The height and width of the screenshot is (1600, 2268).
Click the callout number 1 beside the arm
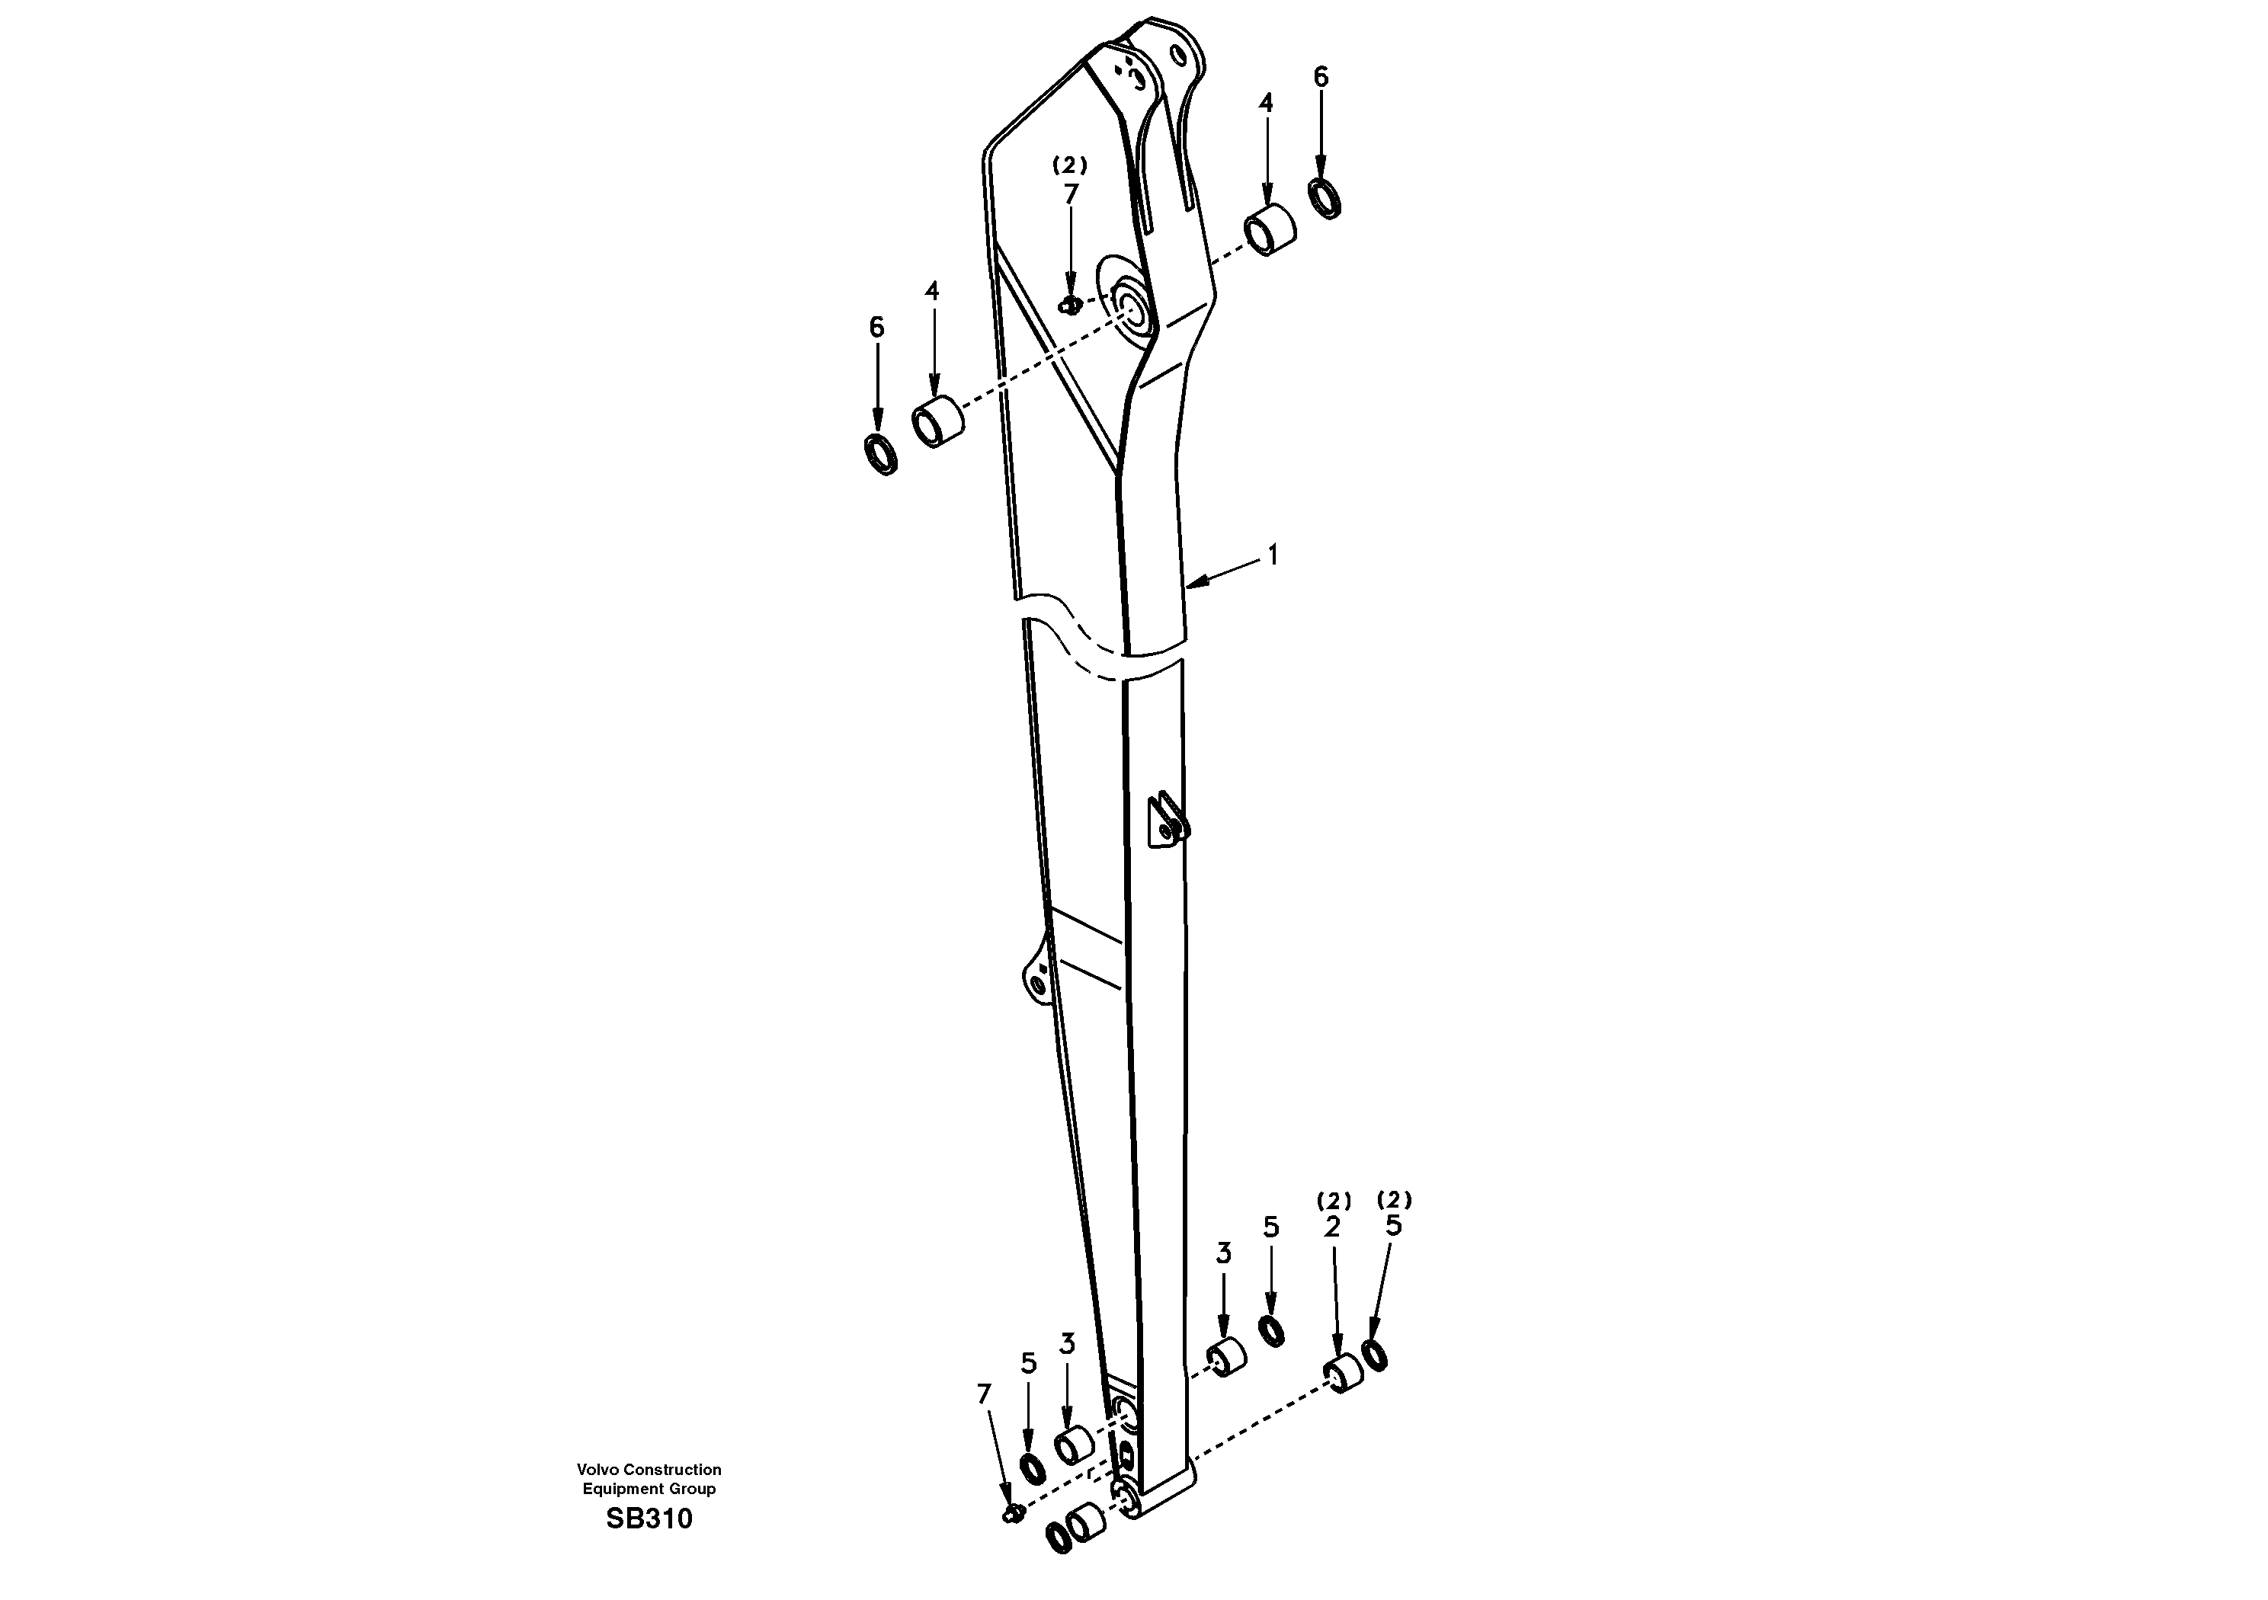coord(1273,556)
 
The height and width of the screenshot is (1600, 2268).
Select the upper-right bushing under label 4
coord(1268,232)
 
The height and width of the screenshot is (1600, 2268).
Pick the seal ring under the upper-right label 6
coord(1325,199)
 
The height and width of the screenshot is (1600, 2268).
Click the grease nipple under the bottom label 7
coord(1011,1514)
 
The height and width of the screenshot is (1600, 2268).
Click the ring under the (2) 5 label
coord(1375,1355)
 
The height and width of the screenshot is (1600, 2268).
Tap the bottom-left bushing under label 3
coord(1073,1446)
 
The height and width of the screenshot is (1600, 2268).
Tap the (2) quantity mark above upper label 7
coord(1070,165)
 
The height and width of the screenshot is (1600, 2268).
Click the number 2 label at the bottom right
coord(1333,1227)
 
